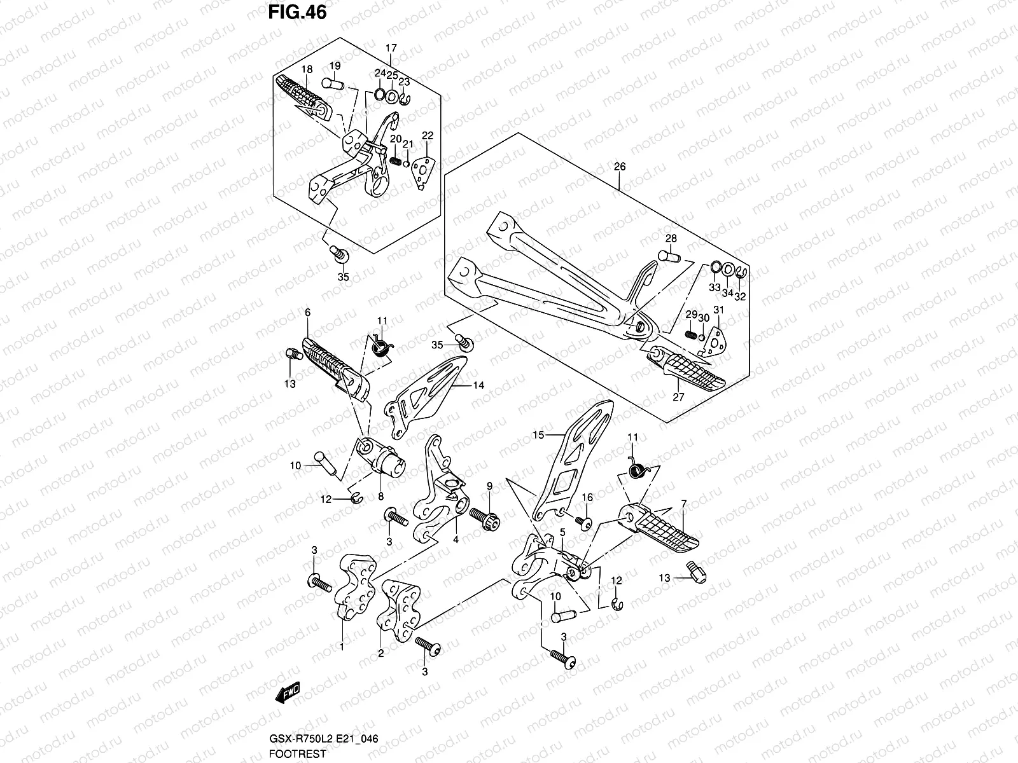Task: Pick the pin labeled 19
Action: [x=333, y=83]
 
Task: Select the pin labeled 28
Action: [x=668, y=257]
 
